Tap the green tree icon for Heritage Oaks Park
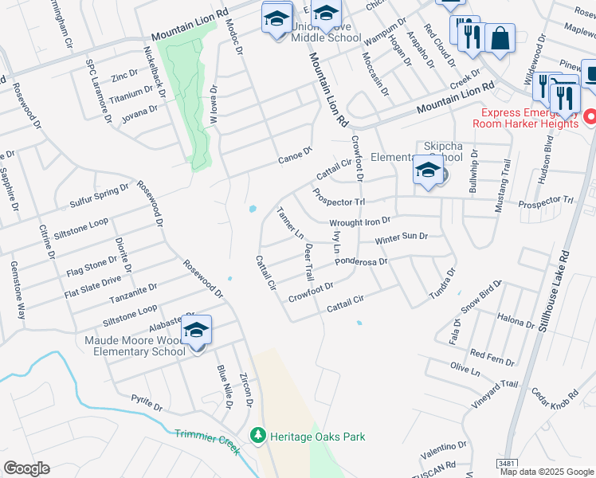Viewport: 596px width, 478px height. tap(257, 436)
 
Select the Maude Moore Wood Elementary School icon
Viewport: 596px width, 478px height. tap(196, 330)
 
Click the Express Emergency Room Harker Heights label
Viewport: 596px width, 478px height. tap(524, 118)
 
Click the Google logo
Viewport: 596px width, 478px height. tap(26, 468)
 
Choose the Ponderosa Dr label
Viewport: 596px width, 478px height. tap(361, 261)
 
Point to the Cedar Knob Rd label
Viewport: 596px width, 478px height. tap(555, 394)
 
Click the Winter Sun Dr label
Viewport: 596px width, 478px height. tap(402, 238)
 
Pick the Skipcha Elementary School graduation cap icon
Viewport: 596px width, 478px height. tap(428, 170)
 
